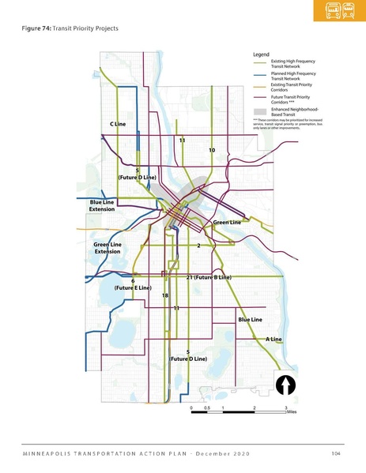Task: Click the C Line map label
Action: [118, 125]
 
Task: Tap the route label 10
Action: [212, 149]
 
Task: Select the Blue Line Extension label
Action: [102, 206]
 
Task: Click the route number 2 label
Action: [198, 246]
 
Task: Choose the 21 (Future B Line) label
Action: [208, 278]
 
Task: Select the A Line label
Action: [274, 339]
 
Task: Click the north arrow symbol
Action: [285, 386]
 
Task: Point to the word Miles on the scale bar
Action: [292, 411]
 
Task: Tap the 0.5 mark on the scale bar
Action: [207, 407]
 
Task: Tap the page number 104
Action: [335, 452]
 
